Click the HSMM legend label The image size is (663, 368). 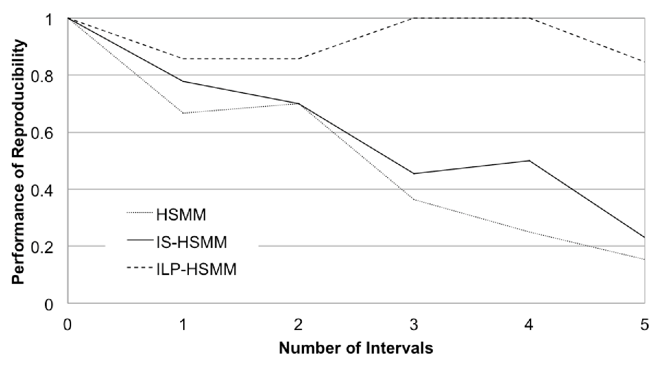(181, 215)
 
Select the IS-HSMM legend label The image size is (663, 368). (191, 242)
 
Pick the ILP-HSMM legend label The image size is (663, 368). (196, 269)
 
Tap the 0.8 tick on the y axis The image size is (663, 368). (42, 77)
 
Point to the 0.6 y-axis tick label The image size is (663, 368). (42, 134)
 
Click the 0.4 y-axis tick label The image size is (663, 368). (42, 190)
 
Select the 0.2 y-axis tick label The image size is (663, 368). (42, 247)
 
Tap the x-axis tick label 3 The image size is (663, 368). (414, 325)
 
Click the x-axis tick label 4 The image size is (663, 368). (529, 325)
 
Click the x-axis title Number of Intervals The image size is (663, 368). (356, 348)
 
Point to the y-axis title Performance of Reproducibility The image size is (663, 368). (18, 162)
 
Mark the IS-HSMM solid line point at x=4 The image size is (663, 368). (529, 161)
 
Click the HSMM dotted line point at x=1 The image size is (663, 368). (183, 113)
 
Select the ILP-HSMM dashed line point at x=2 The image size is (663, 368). (298, 58)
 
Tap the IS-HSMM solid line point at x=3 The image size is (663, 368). (414, 173)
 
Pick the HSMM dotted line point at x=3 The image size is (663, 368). (414, 199)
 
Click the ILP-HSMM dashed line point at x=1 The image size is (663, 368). (183, 58)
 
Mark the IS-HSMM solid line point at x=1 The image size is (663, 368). (183, 81)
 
